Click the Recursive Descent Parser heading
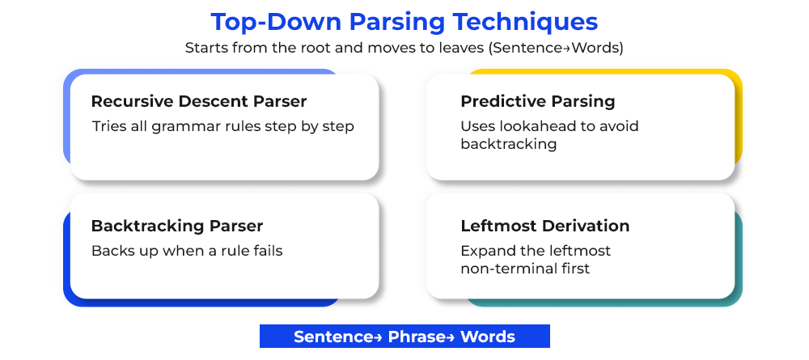point(199,102)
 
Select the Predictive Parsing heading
point(538,102)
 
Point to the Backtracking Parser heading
point(177,226)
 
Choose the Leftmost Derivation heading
point(544,226)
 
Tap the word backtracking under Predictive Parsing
point(509,144)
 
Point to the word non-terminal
point(508,269)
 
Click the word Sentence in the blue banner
point(332,337)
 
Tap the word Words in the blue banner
point(488,337)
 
